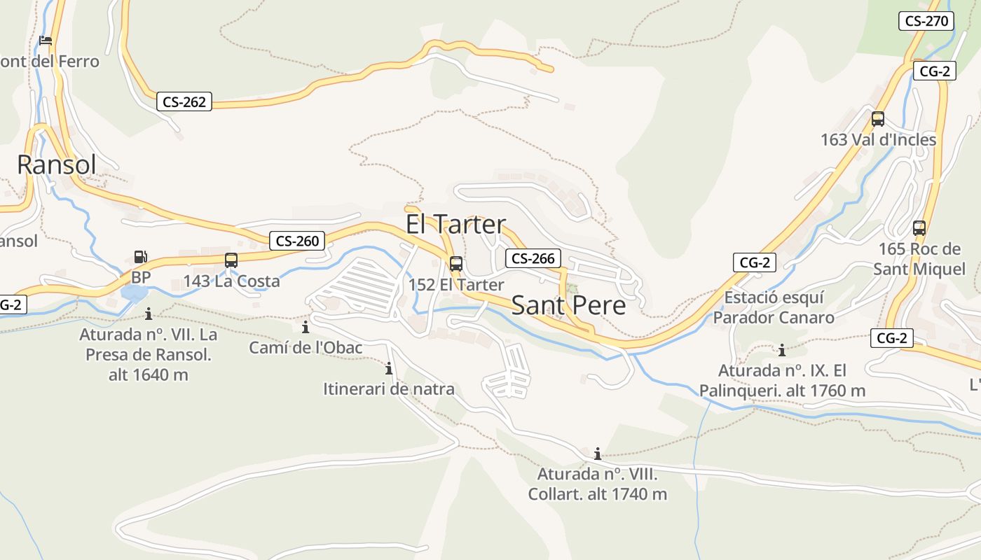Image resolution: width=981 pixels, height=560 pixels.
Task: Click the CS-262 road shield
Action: point(184,102)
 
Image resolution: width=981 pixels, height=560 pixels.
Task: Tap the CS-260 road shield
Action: point(297,241)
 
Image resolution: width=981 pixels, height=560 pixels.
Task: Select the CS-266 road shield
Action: point(533,258)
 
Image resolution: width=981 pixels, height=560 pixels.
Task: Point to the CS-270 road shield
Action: point(926,21)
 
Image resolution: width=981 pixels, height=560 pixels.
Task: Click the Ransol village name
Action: point(56,165)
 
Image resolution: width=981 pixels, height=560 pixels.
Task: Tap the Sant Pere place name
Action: point(568,306)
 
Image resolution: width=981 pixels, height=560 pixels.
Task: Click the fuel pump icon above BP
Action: point(141,258)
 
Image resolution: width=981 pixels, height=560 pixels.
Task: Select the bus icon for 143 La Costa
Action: point(231,260)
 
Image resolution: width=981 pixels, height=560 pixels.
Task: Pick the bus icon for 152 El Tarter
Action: point(456,264)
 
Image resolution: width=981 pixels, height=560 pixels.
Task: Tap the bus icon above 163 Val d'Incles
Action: point(878,119)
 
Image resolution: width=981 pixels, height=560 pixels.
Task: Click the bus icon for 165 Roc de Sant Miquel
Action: point(919,228)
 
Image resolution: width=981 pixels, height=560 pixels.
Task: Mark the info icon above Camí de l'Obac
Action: point(306,327)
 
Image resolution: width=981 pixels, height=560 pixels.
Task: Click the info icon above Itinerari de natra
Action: point(389,368)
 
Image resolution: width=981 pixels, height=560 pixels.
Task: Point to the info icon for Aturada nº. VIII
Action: point(597,454)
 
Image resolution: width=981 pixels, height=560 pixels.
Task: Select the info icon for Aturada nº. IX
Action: point(782,350)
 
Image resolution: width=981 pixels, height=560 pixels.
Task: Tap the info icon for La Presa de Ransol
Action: point(148,314)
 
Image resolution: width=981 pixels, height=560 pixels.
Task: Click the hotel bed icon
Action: point(46,41)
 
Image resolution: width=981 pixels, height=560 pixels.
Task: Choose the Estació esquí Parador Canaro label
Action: point(774,307)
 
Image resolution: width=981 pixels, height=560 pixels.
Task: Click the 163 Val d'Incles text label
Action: point(878,140)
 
